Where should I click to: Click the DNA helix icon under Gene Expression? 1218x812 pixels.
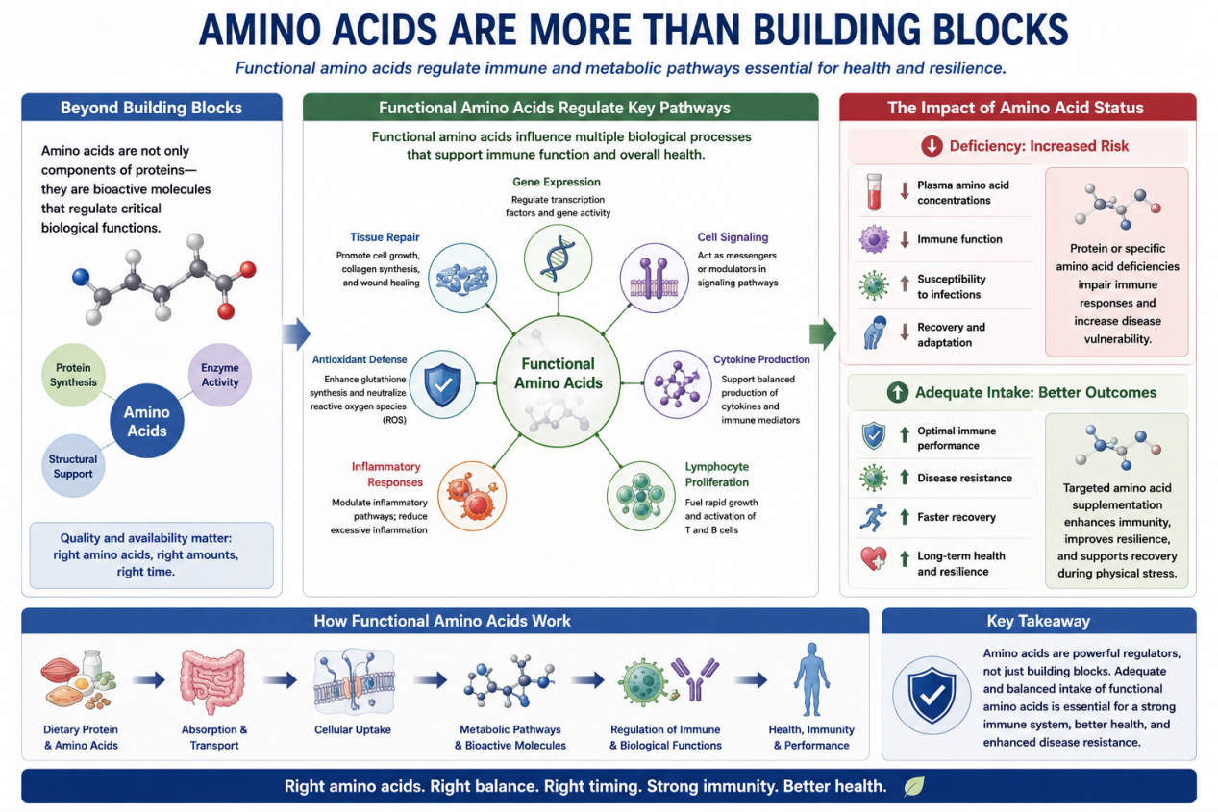[x=558, y=258]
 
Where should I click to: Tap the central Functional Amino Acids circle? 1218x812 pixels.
[x=559, y=381]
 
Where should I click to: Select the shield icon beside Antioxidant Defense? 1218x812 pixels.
[x=442, y=384]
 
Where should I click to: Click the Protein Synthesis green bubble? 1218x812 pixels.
[x=73, y=375]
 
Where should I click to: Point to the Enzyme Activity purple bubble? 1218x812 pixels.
[x=220, y=375]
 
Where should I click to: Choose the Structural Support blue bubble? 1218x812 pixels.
[x=73, y=466]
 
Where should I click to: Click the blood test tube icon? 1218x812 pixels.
[x=874, y=192]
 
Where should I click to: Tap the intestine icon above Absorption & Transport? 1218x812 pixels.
[x=213, y=680]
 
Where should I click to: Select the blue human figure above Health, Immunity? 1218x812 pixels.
[x=811, y=679]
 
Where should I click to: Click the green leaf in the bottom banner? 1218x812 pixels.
[x=914, y=786]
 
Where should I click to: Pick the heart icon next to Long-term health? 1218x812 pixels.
[x=874, y=558]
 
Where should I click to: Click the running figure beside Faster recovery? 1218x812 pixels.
[x=873, y=517]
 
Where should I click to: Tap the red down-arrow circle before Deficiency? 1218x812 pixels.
[x=932, y=146]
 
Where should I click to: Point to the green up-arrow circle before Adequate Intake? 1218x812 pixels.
[x=898, y=392]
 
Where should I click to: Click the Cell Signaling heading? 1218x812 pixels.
[x=733, y=237]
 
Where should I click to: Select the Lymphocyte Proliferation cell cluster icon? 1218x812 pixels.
[x=641, y=496]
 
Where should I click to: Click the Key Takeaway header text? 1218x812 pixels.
[x=1038, y=621]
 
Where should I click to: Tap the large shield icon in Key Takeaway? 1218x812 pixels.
[x=932, y=696]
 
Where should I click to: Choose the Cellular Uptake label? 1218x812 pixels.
[x=353, y=729]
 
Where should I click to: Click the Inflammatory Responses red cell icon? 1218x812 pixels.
[x=472, y=496]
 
